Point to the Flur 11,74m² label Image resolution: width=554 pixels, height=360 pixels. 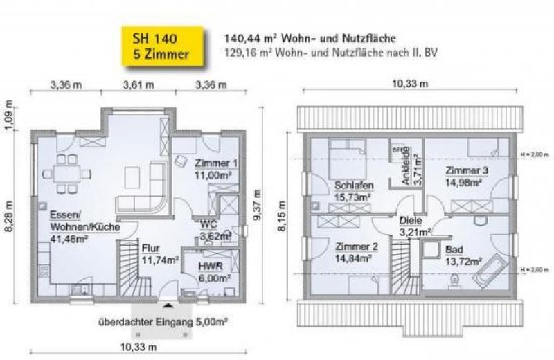[160, 254]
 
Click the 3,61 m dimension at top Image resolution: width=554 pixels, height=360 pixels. [138, 85]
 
